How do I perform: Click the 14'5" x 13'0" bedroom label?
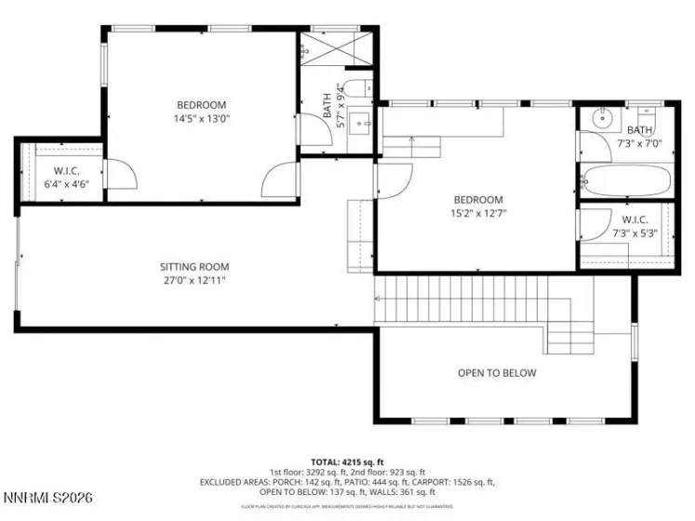pyautogui.click(x=201, y=112)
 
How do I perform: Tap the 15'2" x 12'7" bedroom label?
pyautogui.click(x=478, y=206)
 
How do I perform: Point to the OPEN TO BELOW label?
pyautogui.click(x=497, y=373)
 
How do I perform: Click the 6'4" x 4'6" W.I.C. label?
pyautogui.click(x=64, y=177)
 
